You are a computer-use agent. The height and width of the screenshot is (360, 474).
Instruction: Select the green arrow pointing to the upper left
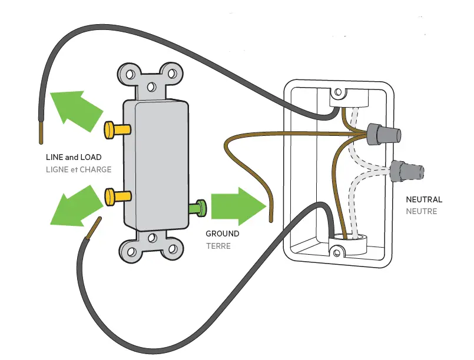tap(76, 109)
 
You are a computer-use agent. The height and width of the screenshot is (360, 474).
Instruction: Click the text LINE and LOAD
tap(74, 158)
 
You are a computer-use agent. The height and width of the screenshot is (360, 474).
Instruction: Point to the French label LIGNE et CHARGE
tap(78, 169)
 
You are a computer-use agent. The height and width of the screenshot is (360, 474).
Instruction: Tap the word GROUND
tap(223, 234)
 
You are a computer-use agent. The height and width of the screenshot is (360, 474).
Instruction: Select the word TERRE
tap(218, 246)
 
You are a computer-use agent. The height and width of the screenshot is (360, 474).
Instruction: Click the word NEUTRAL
tap(424, 200)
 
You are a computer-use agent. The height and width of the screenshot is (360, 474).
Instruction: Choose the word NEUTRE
tap(422, 211)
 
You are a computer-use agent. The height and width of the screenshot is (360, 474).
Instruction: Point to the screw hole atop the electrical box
tap(339, 92)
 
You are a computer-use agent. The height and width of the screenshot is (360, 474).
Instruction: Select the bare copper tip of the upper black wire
tap(41, 133)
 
